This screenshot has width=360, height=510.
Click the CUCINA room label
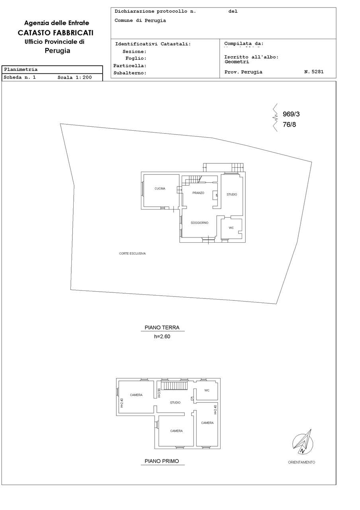point(160,188)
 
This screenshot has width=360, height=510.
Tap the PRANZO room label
point(198,193)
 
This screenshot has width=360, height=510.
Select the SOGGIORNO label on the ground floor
point(200,223)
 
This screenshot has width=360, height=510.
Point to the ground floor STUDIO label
point(232,194)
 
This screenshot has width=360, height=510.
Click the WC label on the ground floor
point(231,228)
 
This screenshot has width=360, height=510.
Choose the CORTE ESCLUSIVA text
point(133,253)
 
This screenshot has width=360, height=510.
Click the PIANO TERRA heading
point(162,328)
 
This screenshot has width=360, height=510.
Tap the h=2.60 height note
point(162,336)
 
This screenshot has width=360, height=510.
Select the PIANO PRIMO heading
point(162,461)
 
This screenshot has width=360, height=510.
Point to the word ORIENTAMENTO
point(301,462)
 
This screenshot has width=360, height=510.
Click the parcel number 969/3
point(291,114)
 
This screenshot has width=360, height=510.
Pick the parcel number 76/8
point(289,125)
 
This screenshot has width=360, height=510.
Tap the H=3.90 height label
point(159,393)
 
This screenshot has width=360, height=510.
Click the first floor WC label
point(207,390)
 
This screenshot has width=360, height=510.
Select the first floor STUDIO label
point(175,402)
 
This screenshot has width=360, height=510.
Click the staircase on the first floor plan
point(174,386)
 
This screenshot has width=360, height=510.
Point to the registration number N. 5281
point(314,72)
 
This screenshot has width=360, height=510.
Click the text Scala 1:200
point(74,77)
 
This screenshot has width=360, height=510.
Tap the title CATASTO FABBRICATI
point(56,33)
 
